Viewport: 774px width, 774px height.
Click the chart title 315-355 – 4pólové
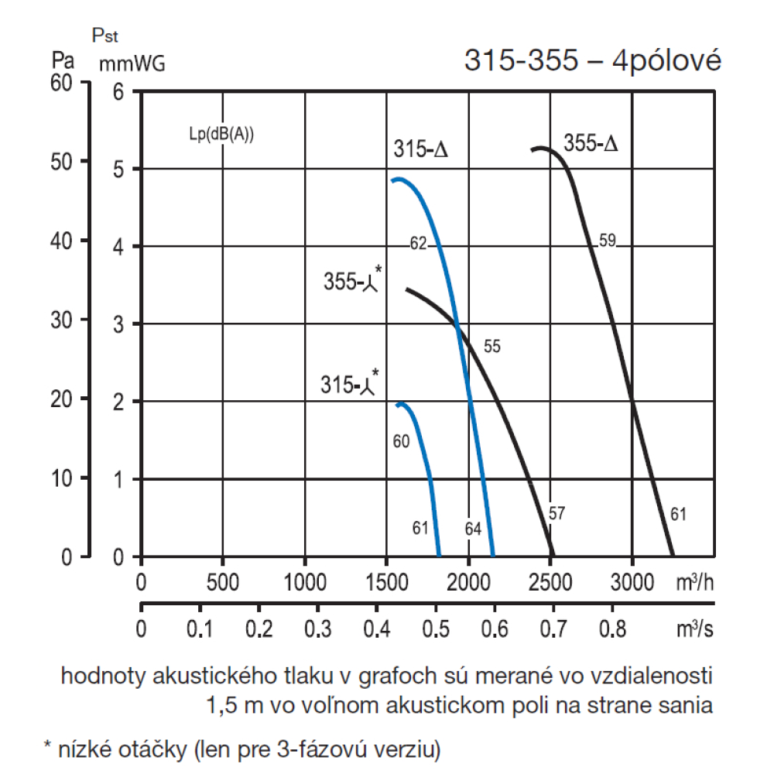[592, 61]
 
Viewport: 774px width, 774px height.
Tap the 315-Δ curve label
[421, 150]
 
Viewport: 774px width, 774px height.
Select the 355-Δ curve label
[591, 144]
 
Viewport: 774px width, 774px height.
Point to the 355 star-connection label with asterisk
[352, 281]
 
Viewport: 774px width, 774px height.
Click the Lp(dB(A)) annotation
[221, 132]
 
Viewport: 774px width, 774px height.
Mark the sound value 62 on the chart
[419, 244]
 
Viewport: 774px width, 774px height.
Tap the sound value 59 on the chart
[607, 241]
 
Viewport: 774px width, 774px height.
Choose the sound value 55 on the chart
[492, 347]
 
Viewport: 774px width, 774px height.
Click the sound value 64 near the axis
[473, 529]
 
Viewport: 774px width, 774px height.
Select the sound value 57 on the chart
[557, 512]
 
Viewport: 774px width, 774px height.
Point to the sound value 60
[401, 442]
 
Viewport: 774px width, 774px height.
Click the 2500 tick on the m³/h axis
[550, 582]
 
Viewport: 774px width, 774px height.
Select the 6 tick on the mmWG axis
[118, 92]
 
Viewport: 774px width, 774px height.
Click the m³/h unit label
[694, 582]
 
